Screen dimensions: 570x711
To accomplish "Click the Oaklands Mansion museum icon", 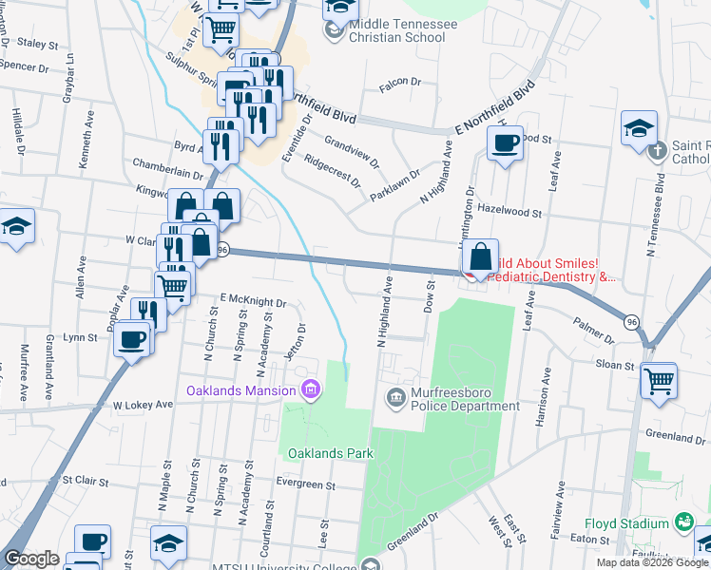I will (x=309, y=389).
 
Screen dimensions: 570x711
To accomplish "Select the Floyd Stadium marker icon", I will (x=682, y=522).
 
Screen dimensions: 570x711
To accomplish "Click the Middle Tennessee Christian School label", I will (x=396, y=30).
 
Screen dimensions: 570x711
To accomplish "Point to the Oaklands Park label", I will (x=331, y=453).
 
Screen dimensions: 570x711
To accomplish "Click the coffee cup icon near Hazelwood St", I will (x=504, y=143).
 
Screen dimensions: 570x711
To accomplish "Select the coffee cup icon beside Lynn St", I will (x=133, y=338).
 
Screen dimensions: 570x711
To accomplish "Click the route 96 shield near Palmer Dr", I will (x=631, y=322).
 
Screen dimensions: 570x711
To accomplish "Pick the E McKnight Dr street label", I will (x=254, y=299).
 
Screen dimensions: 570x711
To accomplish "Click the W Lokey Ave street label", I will (x=143, y=404).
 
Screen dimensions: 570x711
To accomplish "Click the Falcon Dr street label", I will (x=399, y=83).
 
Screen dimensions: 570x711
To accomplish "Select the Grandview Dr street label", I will (x=351, y=151).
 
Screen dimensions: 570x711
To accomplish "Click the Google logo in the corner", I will (x=30, y=559).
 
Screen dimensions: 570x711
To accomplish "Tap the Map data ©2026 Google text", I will (x=652, y=562).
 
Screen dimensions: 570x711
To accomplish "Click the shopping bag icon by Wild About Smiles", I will (x=483, y=256).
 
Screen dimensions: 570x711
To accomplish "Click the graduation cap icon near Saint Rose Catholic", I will (x=639, y=128).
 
